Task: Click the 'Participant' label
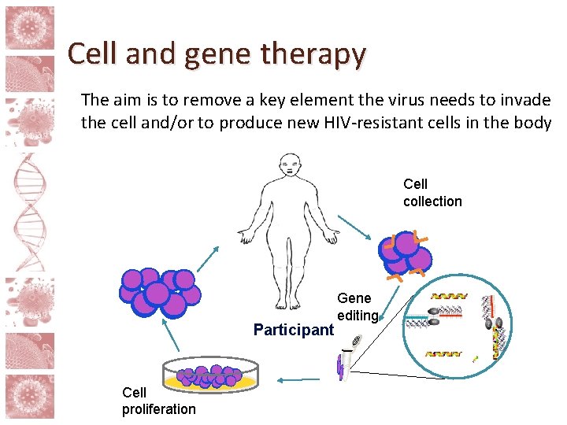point(294,330)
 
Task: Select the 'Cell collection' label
point(432,193)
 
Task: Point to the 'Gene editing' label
point(357,307)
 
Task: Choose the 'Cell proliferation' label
point(158,401)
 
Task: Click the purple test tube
point(343,364)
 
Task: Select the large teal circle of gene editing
point(456,327)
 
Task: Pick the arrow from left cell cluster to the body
point(207,257)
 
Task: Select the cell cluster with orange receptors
point(405,254)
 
